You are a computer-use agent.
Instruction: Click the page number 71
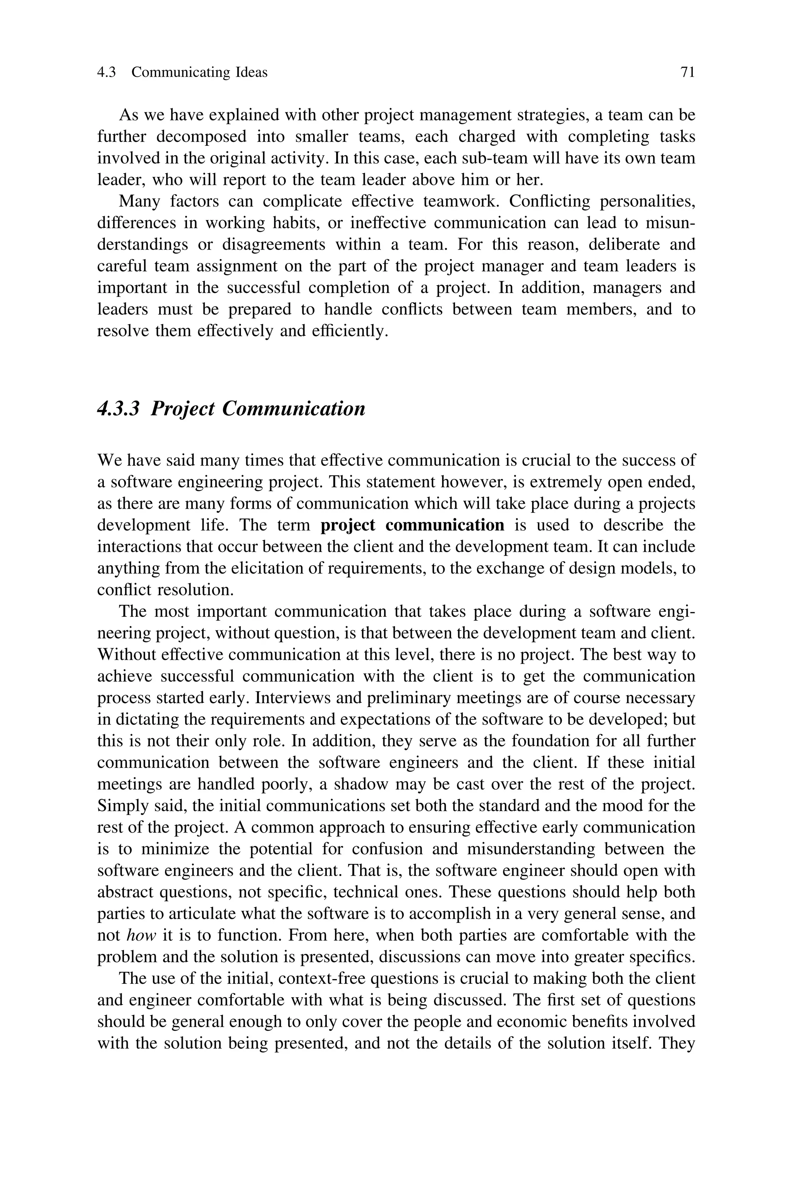688,73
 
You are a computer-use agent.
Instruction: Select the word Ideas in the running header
251,73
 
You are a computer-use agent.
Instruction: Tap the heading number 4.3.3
118,408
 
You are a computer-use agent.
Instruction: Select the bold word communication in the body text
445,526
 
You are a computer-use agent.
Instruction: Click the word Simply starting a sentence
120,806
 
